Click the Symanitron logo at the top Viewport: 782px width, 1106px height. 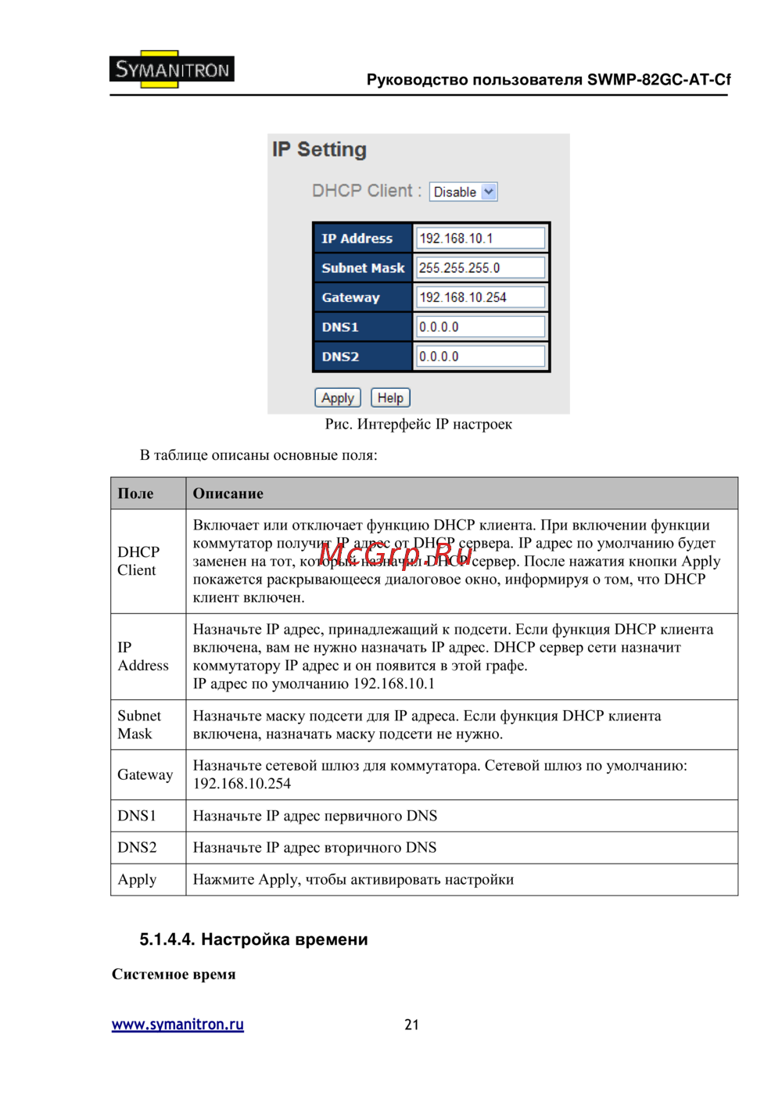172,70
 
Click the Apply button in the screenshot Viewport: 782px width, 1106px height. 337,398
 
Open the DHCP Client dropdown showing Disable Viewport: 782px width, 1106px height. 463,192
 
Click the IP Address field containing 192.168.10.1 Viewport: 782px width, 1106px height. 480,239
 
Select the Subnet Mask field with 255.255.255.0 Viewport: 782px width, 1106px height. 480,268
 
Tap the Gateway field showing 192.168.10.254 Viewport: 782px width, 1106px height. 480,297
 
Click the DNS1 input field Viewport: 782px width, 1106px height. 480,327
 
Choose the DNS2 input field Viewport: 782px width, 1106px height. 480,357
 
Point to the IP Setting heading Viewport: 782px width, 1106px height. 319,149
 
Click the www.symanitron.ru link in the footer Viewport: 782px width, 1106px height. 178,1025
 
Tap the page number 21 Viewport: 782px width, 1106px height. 411,1025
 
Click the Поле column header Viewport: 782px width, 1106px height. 136,494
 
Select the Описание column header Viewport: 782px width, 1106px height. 228,494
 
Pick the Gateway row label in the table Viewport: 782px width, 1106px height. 145,774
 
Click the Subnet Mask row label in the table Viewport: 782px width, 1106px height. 138,725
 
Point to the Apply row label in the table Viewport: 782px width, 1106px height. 137,880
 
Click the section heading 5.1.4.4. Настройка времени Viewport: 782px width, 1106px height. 253,939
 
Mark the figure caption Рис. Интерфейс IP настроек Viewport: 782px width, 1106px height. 418,424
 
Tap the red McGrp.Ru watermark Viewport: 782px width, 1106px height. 395,554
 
